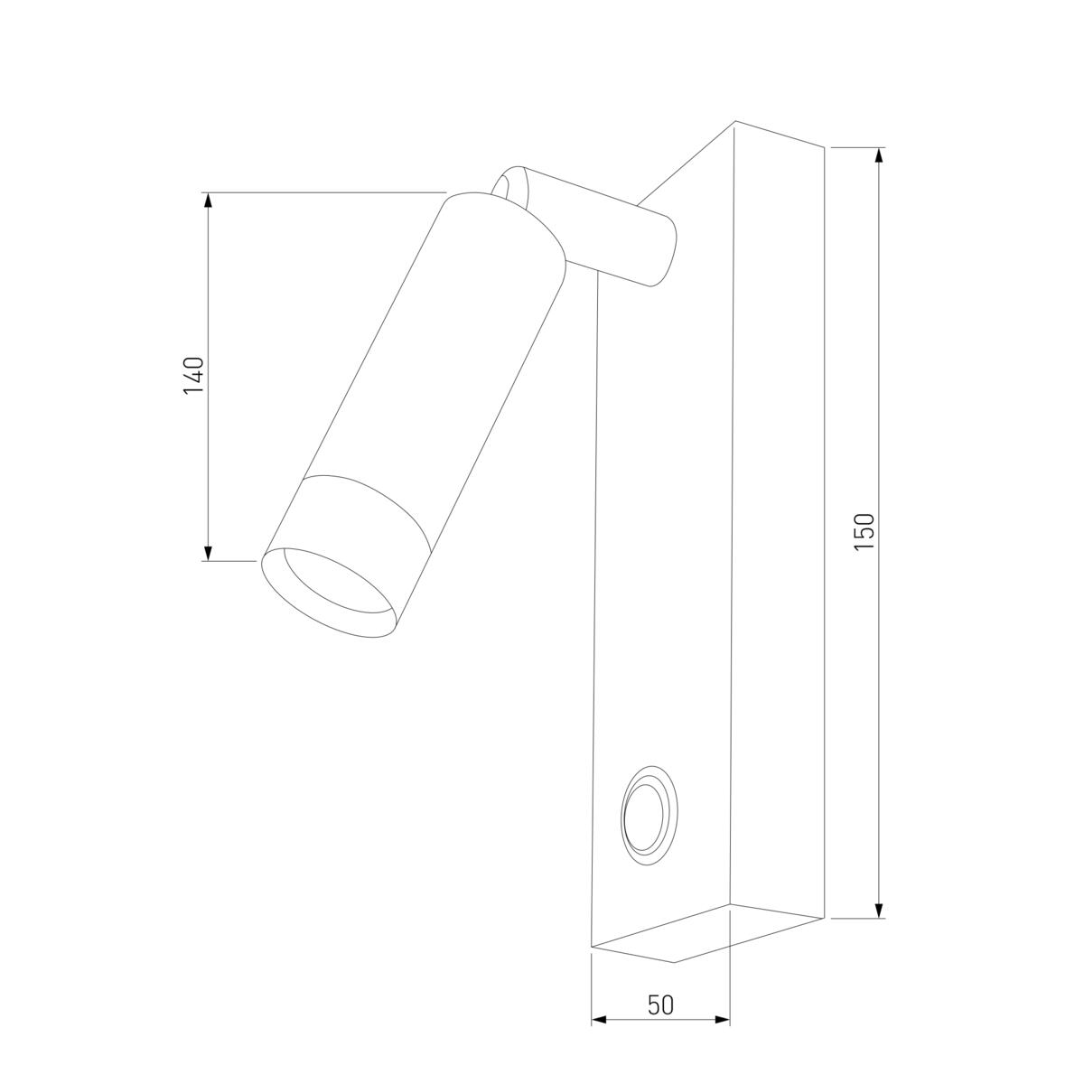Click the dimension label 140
194,376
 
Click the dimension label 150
864,532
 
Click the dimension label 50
660,1005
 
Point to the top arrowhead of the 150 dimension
879,155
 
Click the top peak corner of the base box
734,121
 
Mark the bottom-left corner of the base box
592,947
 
